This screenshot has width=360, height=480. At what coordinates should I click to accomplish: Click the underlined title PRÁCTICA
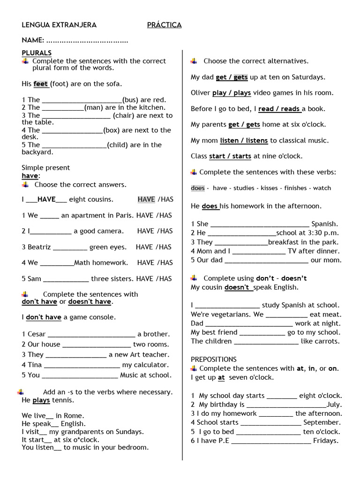(x=164, y=25)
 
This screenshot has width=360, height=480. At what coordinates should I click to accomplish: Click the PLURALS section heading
(x=37, y=53)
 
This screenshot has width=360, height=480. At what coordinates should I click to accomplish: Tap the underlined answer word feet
(x=41, y=84)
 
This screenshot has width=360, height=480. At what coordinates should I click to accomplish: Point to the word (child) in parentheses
(x=121, y=145)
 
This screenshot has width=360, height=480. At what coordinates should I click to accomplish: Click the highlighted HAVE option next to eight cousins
(x=146, y=199)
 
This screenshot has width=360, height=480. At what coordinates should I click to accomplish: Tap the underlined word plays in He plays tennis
(x=41, y=400)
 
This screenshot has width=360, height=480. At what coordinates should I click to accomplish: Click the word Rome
(x=75, y=415)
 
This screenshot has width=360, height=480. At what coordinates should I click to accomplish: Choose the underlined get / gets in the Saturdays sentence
(x=232, y=77)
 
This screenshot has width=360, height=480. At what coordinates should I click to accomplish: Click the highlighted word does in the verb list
(x=198, y=188)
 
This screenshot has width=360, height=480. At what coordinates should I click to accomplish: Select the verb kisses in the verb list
(x=269, y=188)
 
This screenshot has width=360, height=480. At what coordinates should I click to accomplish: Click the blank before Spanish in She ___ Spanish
(x=260, y=224)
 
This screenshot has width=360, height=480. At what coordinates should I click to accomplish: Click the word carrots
(x=329, y=341)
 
